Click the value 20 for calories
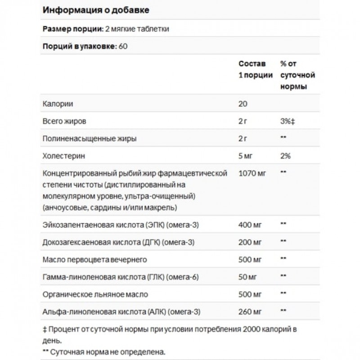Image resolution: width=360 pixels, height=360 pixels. point(243,103)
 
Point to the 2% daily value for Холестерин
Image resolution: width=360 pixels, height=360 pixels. point(285,156)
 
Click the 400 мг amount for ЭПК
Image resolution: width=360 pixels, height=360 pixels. point(249,224)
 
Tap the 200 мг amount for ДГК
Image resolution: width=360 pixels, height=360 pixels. point(249,242)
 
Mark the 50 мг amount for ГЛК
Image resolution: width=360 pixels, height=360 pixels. point(247,276)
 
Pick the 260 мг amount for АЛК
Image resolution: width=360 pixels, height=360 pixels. point(249,311)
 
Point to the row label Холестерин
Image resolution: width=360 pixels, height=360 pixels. point(63,156)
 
